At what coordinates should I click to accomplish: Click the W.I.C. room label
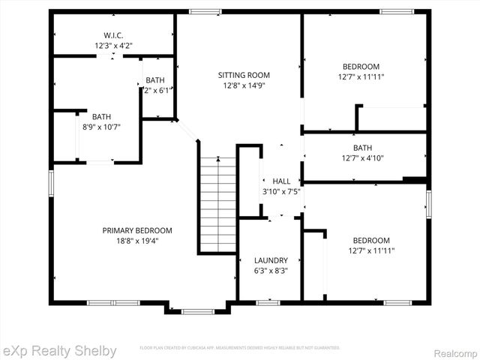tap(113, 35)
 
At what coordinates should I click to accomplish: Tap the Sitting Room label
tap(244, 75)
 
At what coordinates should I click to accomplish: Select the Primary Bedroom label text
tap(137, 230)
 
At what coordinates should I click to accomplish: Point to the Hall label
tap(281, 181)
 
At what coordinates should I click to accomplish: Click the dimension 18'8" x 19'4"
tap(137, 241)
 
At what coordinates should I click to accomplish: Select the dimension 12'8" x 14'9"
tap(244, 85)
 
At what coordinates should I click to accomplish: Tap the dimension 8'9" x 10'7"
tap(101, 127)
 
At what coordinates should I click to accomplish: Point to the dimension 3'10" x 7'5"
tap(281, 191)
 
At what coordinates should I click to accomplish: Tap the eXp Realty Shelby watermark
tap(59, 350)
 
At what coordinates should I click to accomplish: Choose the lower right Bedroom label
tap(371, 240)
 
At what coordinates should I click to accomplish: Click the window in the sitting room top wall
tap(205, 11)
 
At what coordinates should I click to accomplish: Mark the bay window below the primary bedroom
tap(197, 310)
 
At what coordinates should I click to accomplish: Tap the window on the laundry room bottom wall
tap(268, 302)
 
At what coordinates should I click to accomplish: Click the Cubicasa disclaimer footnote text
tap(240, 348)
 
